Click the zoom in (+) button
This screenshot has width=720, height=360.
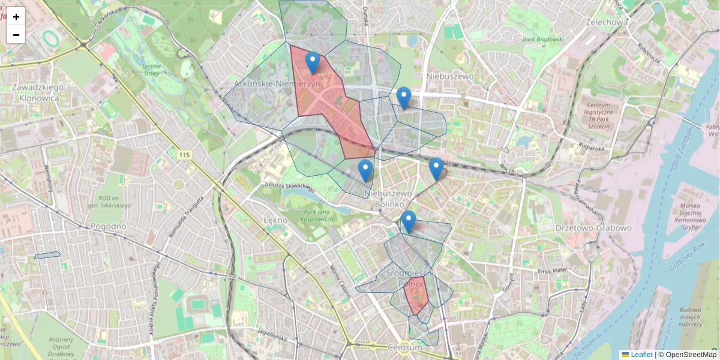tap(16, 17)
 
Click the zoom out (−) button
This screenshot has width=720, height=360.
tap(16, 34)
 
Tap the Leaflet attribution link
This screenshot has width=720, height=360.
tap(641, 355)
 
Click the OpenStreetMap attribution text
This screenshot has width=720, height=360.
tap(690, 355)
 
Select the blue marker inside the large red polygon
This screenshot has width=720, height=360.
tap(312, 62)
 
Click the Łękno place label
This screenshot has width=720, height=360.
tap(275, 220)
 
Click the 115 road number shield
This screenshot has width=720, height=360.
tap(184, 155)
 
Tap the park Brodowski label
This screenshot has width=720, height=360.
tap(542, 40)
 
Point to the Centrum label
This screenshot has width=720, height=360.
tap(406, 347)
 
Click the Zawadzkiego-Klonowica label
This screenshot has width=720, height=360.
tap(37, 93)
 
